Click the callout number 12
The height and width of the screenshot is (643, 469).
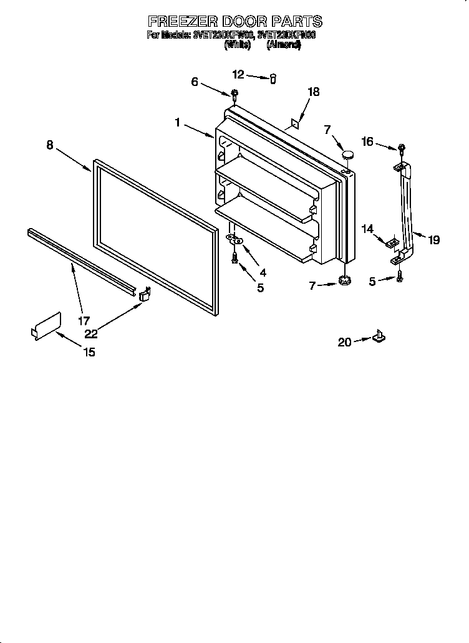pos(238,74)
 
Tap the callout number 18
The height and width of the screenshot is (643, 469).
pos(313,92)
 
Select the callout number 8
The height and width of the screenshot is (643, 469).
pos(50,145)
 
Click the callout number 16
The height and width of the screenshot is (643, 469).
pos(367,142)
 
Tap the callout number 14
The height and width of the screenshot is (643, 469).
pos(367,229)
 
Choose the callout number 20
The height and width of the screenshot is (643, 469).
pos(344,341)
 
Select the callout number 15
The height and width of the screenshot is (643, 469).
pos(89,352)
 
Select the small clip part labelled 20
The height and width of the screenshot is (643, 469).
pos(378,337)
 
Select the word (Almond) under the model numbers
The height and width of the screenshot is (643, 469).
pos(284,45)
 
